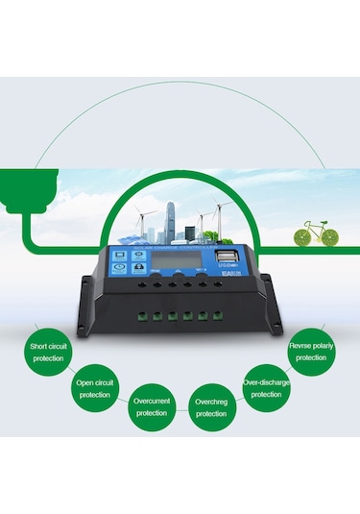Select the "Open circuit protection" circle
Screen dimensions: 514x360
coord(94,387)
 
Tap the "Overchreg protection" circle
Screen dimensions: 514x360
coord(211,407)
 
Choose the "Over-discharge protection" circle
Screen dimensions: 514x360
coord(266,387)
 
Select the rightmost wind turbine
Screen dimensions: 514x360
coord(219,213)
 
